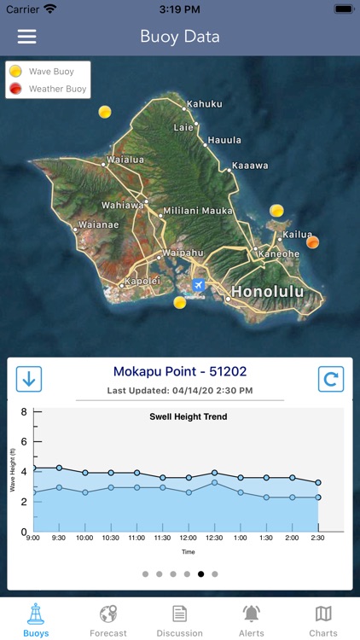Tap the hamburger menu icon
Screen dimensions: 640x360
[x=27, y=37]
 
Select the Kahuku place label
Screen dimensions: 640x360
[x=204, y=104]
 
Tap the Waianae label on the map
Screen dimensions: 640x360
[x=96, y=226]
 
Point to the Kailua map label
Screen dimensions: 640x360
[x=298, y=234]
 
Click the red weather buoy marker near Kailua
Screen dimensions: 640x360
[x=313, y=241]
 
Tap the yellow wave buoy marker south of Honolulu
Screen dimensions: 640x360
[x=180, y=302]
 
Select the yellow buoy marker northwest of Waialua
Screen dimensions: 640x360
[x=105, y=112]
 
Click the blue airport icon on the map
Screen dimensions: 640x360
[x=199, y=284]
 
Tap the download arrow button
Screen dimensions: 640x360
[x=29, y=379]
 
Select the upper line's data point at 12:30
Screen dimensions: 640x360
[x=215, y=473]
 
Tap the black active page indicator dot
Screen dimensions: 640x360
[x=201, y=574]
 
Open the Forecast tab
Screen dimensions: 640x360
[x=108, y=620]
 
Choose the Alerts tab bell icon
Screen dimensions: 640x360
[x=252, y=614]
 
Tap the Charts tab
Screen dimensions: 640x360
[x=323, y=620]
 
